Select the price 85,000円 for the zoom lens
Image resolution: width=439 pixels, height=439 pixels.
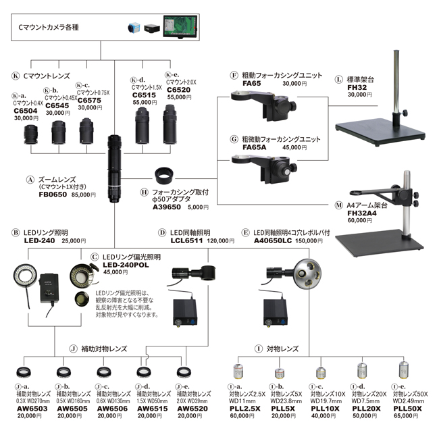click(x=84, y=195)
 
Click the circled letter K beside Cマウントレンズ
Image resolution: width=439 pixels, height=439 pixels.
click(x=16, y=76)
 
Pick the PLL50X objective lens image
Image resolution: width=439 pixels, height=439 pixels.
click(x=404, y=371)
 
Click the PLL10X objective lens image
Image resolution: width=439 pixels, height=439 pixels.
click(x=322, y=371)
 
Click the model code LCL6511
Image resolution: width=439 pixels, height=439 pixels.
click(x=187, y=240)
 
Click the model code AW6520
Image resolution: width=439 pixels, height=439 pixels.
click(x=191, y=409)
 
